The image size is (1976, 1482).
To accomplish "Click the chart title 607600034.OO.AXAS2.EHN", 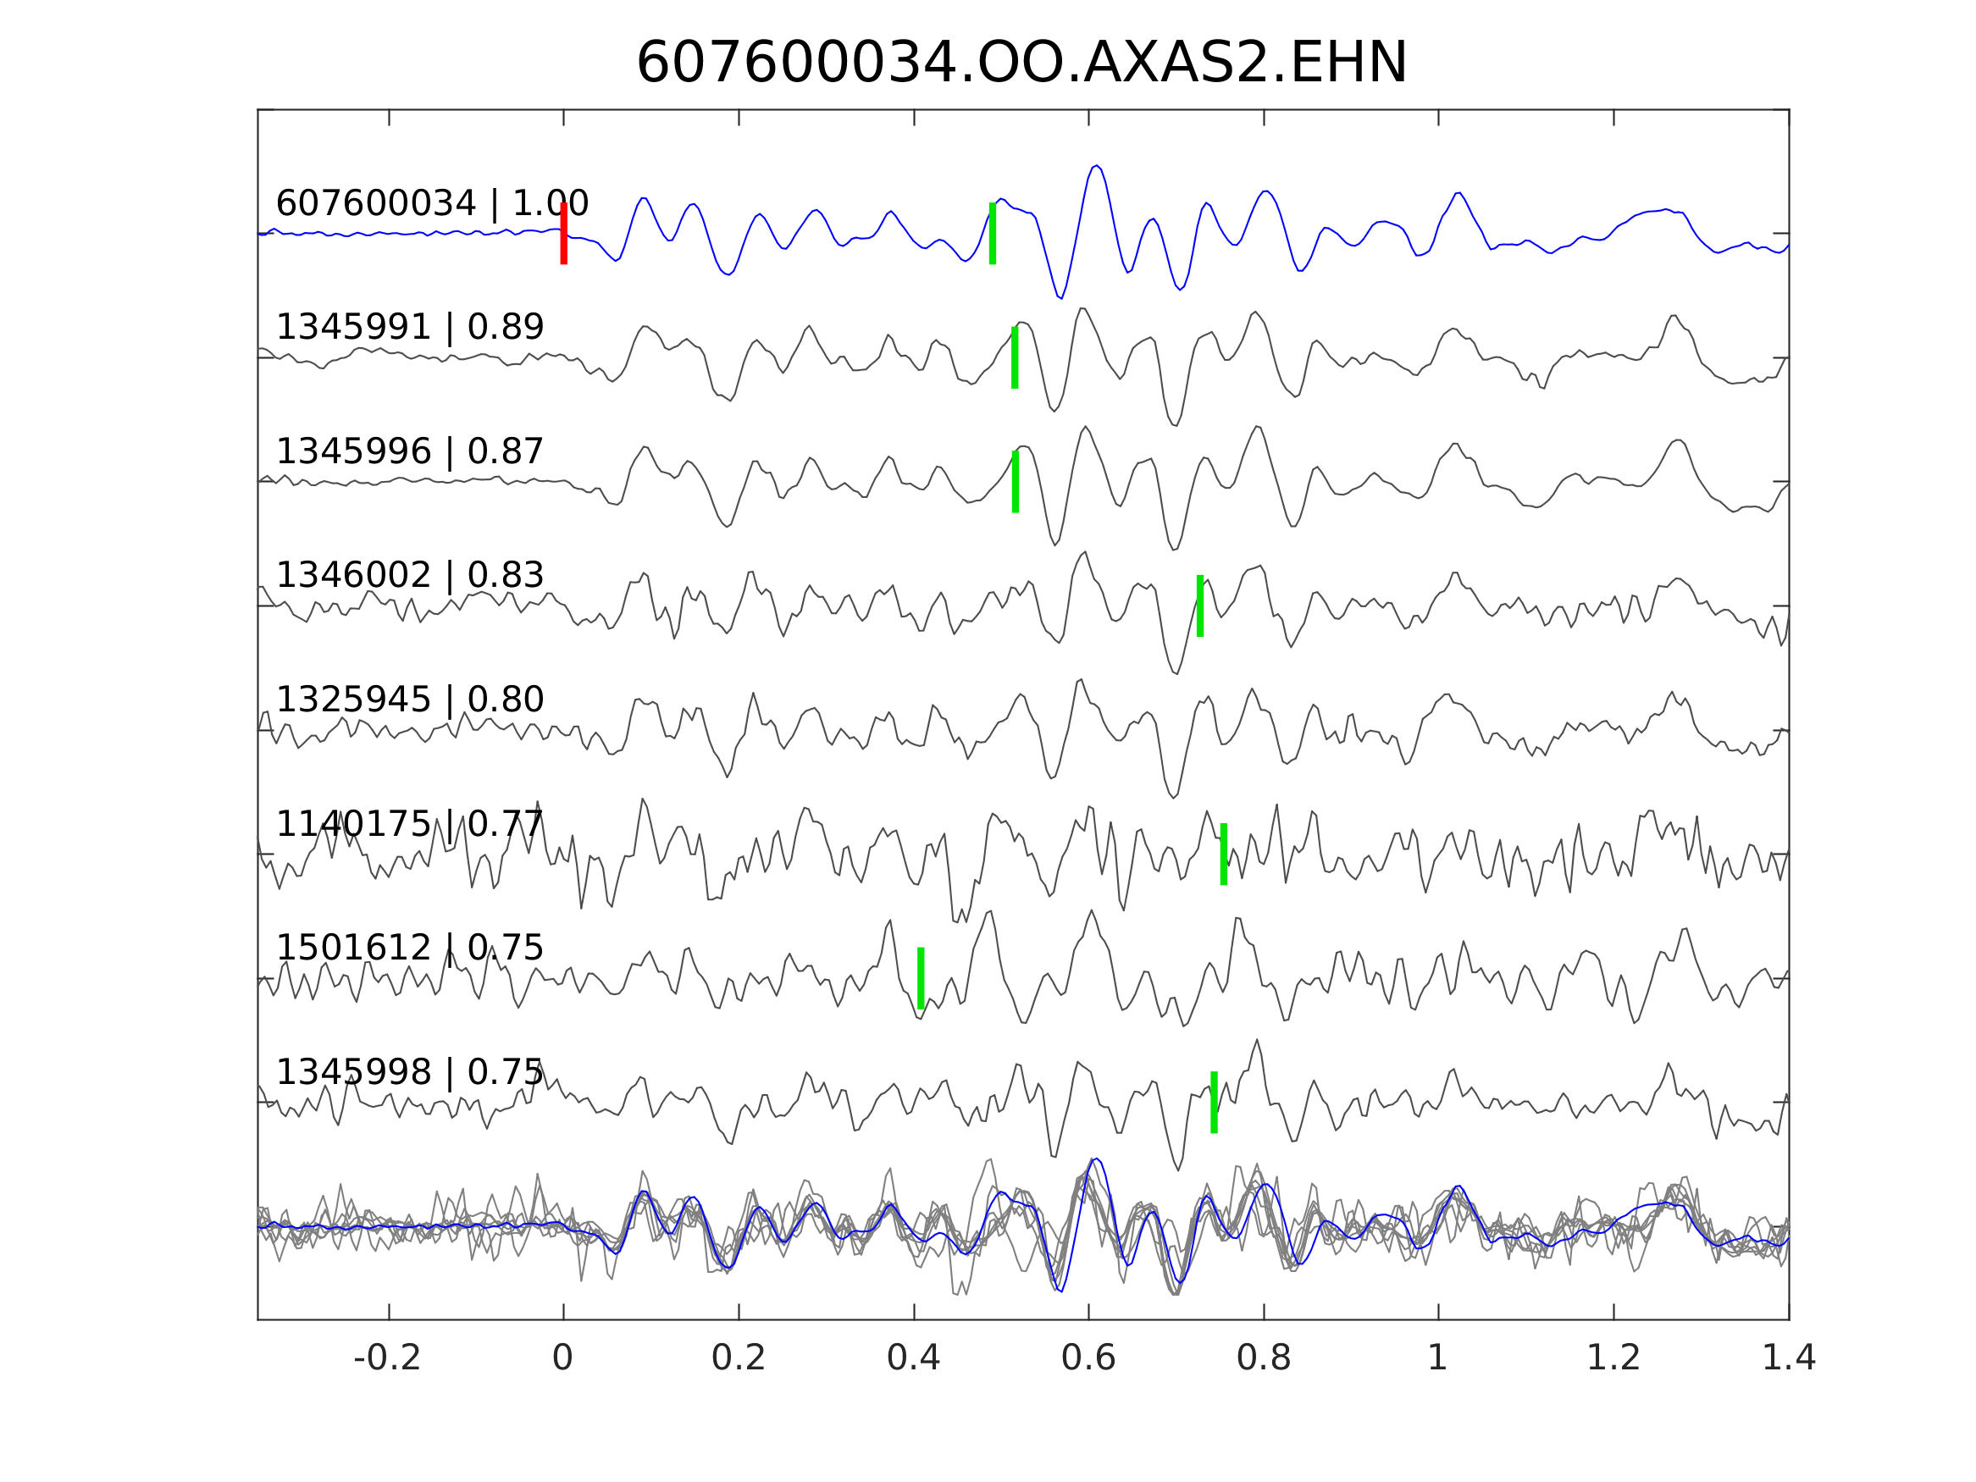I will tap(1021, 64).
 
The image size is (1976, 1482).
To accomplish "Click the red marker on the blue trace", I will tap(564, 233).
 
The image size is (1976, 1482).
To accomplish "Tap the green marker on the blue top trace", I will tap(993, 233).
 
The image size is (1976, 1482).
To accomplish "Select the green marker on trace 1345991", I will tap(1015, 357).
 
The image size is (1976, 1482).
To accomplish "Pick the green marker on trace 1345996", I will tap(1016, 482).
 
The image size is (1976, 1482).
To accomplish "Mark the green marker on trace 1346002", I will tap(1199, 606).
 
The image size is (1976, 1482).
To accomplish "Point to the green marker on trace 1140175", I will tap(1224, 854).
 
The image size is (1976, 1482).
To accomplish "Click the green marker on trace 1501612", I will tap(921, 978).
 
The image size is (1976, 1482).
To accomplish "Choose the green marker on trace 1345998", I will tap(1214, 1103).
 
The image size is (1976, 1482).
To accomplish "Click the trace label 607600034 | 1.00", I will tap(432, 204).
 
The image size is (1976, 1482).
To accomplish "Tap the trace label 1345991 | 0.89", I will tap(410, 328).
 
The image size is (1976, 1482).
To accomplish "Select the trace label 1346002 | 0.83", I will tap(410, 576).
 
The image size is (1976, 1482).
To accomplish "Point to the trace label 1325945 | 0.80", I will tap(410, 700).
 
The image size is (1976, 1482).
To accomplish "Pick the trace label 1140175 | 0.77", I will tap(410, 825).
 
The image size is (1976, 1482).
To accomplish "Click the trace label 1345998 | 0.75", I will tap(410, 1072).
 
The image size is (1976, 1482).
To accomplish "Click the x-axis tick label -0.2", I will tap(388, 1358).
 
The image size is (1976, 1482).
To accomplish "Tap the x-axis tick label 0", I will tap(562, 1358).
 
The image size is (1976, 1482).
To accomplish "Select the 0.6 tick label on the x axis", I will tap(1088, 1358).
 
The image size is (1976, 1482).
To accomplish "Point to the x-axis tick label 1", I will tap(1437, 1358).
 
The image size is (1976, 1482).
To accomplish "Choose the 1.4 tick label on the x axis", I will tap(1789, 1358).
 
